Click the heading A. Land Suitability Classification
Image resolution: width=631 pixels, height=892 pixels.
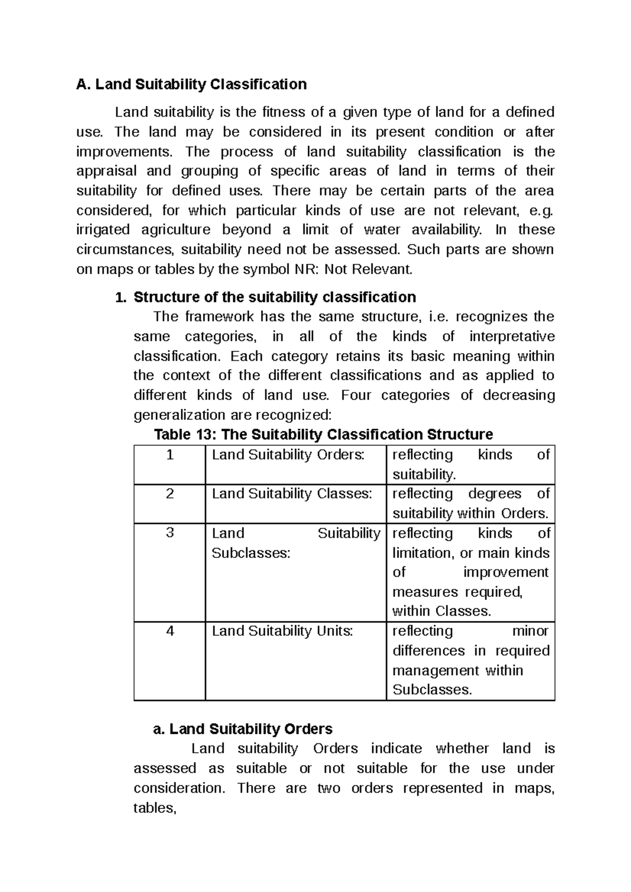tap(191, 84)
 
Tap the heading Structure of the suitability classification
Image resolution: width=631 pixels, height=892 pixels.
tap(274, 297)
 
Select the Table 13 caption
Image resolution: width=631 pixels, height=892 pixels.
tap(323, 434)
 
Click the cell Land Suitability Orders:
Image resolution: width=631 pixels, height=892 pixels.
tap(288, 455)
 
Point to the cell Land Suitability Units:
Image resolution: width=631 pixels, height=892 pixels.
tap(282, 631)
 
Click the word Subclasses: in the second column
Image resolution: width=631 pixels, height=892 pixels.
tap(251, 553)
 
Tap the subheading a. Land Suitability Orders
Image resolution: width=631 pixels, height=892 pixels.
tap(242, 729)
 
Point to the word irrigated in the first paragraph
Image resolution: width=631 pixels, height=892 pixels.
tap(103, 230)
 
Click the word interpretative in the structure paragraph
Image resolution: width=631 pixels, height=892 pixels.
tap(512, 337)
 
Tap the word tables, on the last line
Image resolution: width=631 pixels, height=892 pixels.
tap(155, 808)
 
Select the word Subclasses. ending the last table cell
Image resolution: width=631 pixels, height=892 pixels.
tap(432, 690)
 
